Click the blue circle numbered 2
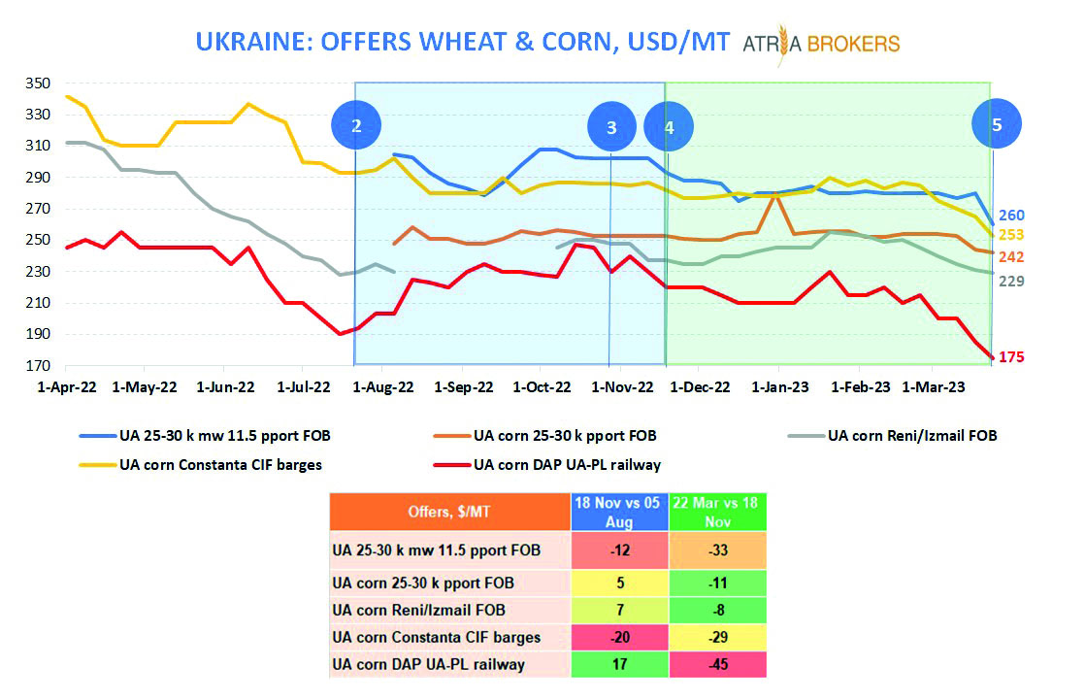[356, 125]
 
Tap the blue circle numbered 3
[611, 126]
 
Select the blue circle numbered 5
[997, 124]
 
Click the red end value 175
[1011, 357]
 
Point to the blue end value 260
[1011, 216]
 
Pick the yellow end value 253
[1011, 235]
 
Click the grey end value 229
[1011, 281]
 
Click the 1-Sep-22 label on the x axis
[463, 386]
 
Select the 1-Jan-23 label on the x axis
[779, 386]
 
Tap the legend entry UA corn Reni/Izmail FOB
[912, 435]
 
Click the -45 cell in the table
[717, 664]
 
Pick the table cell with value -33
[717, 550]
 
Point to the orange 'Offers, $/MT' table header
[448, 513]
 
